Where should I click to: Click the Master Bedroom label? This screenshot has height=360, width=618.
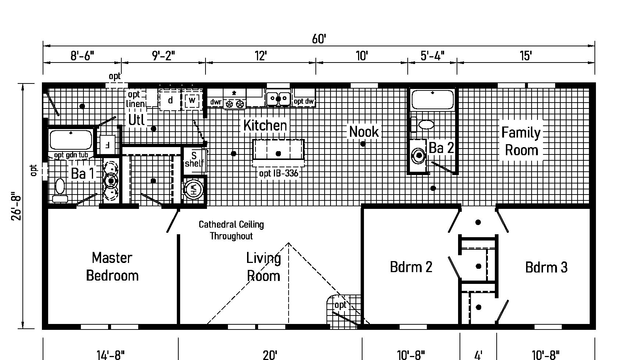(112, 267)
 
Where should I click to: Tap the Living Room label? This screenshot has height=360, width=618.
(264, 267)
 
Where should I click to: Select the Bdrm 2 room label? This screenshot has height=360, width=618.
(411, 267)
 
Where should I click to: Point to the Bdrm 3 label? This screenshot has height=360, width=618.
(546, 267)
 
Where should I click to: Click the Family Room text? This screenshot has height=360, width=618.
(521, 141)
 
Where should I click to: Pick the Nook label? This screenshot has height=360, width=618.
(364, 132)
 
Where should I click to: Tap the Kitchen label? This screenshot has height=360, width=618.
(265, 125)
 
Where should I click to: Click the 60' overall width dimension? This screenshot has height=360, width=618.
(319, 39)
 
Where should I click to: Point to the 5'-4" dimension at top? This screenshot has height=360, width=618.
(432, 56)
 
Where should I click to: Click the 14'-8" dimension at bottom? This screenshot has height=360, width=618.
(110, 355)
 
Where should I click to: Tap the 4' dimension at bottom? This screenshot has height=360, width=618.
(478, 355)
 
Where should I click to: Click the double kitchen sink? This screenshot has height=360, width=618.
(278, 98)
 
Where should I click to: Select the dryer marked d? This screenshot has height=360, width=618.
(170, 100)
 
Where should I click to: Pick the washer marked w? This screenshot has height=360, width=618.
(192, 100)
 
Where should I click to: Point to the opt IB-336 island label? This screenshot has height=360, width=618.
(279, 174)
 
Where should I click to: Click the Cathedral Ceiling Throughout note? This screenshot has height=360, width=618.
(231, 230)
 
